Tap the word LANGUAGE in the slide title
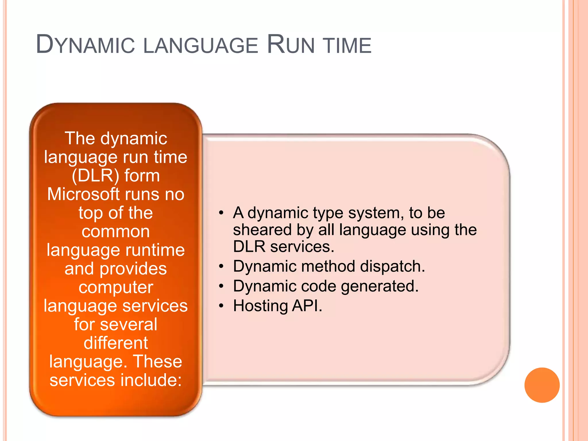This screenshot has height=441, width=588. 200,45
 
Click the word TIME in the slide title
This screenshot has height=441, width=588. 347,45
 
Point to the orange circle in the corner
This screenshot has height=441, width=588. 542,385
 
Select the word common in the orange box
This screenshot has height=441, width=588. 116,231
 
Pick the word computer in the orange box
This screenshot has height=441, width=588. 116,287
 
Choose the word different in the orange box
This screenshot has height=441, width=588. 116,343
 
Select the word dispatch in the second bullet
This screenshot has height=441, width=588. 392,266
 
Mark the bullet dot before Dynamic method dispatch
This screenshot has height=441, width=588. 221,266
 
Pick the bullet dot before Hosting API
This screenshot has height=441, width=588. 221,306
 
